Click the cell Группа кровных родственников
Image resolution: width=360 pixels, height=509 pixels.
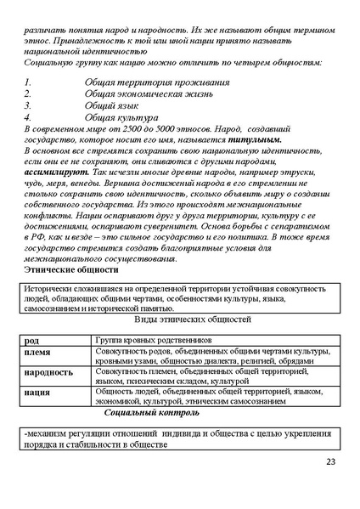click(x=153, y=340)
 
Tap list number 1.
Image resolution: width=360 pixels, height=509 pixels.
click(x=27, y=82)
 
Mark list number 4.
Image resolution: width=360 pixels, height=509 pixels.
click(x=27, y=117)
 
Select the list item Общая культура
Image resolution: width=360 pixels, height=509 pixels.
click(x=121, y=117)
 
